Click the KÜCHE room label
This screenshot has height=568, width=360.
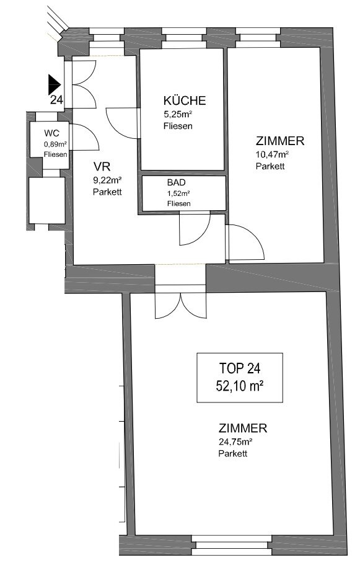pyautogui.click(x=185, y=100)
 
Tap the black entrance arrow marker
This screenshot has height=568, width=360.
pyautogui.click(x=54, y=85)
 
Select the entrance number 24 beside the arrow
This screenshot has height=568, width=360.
pyautogui.click(x=56, y=100)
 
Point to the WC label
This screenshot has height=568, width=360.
pyautogui.click(x=52, y=133)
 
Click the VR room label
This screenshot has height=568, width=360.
pyautogui.click(x=102, y=167)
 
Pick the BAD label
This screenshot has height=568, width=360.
pyautogui.click(x=176, y=182)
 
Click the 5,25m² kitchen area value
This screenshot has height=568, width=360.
pyautogui.click(x=178, y=115)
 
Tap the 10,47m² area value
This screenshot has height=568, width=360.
pyautogui.click(x=272, y=154)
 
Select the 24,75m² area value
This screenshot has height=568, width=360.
pyautogui.click(x=235, y=442)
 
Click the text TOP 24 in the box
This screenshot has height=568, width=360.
pyautogui.click(x=240, y=368)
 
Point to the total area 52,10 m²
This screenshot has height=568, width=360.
pyautogui.click(x=240, y=386)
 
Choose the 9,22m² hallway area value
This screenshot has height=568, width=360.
pyautogui.click(x=107, y=180)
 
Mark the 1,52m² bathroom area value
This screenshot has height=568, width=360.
pyautogui.click(x=178, y=193)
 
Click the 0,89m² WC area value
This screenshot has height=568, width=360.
pyautogui.click(x=55, y=144)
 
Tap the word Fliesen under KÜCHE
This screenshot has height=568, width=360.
pyautogui.click(x=178, y=126)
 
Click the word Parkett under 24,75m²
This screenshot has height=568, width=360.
pyautogui.click(x=232, y=453)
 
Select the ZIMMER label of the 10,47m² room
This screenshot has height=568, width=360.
pyautogui.click(x=280, y=141)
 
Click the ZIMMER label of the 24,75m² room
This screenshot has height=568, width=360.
pyautogui.click(x=243, y=428)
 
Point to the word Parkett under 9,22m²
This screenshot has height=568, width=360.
pyautogui.click(x=107, y=192)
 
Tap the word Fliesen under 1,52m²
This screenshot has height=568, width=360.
pyautogui.click(x=178, y=203)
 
